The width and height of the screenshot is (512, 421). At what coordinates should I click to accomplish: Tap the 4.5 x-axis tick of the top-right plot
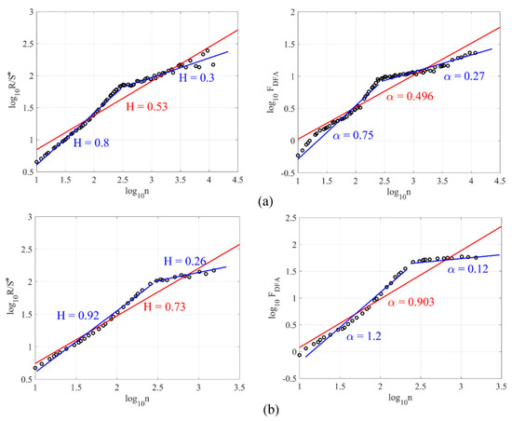click(x=499, y=180)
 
